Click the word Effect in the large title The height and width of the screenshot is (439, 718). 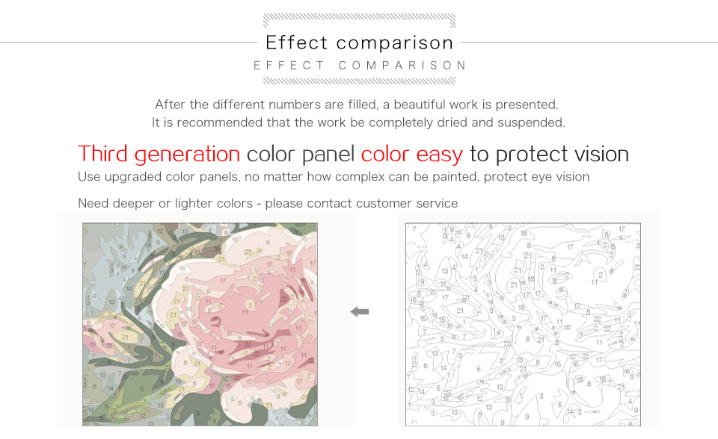pos(296,43)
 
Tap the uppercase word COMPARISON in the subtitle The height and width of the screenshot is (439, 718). pos(402,66)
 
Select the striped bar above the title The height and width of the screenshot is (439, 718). pos(360,20)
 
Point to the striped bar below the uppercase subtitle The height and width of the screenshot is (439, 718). pos(360,81)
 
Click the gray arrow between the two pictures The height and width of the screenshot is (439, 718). pos(360,311)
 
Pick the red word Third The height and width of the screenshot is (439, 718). pos(103,154)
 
